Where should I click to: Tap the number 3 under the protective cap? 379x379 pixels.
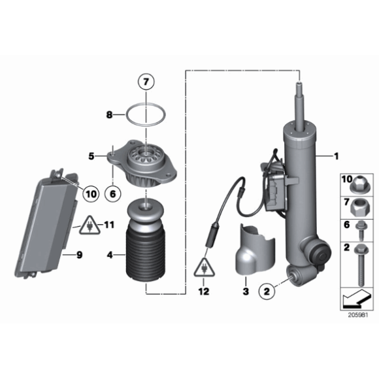tap(245, 290)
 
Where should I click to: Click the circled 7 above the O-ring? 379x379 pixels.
tap(146, 84)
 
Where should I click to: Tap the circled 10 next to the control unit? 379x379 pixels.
tap(90, 193)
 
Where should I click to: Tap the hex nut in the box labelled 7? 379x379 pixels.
tap(358, 209)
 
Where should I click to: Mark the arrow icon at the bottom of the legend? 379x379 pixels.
tap(355, 300)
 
